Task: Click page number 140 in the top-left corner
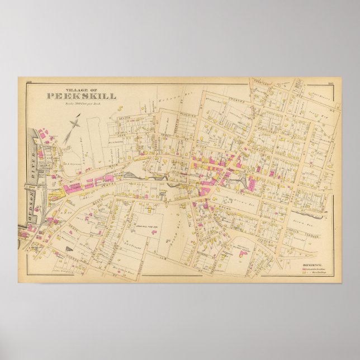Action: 29,83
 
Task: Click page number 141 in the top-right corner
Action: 330,83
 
